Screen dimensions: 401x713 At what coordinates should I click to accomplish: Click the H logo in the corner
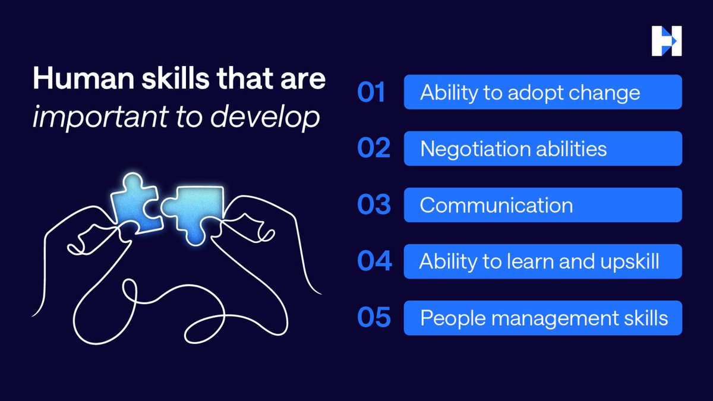point(666,42)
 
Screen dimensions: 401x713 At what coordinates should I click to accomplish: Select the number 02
point(373,149)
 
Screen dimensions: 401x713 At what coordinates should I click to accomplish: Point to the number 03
point(374,205)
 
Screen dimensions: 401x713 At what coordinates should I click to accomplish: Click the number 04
point(374,261)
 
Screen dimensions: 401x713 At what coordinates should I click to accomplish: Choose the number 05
point(374,318)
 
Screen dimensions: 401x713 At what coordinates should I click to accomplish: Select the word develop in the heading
point(278,118)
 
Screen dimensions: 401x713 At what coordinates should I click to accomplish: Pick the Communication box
point(542,205)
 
